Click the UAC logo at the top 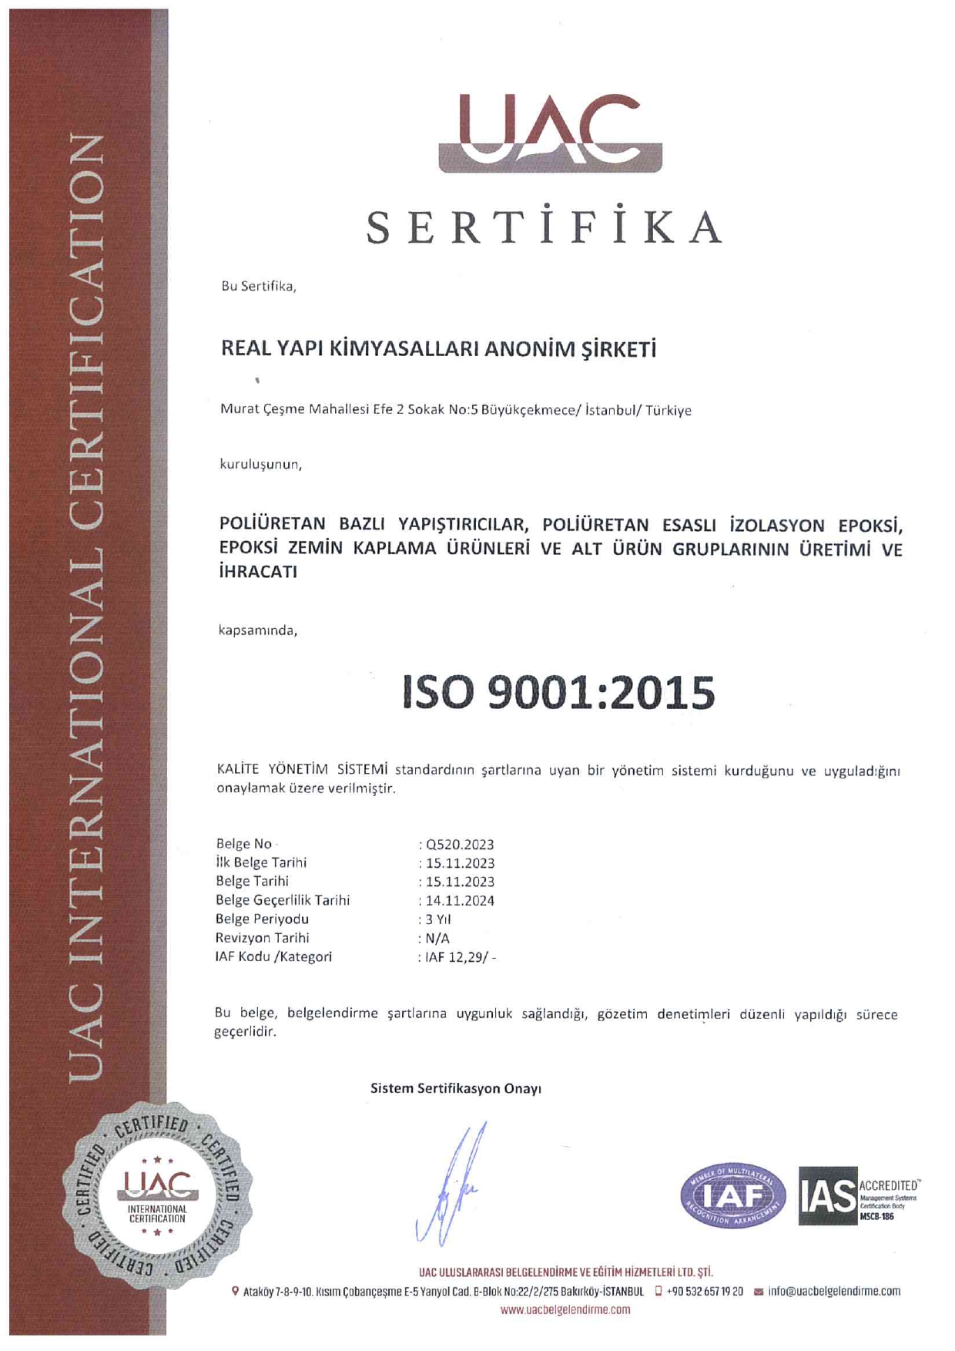(x=550, y=133)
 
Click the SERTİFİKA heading (x=544, y=227)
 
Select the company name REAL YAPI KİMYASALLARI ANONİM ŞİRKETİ (x=438, y=349)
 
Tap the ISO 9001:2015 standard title (x=558, y=692)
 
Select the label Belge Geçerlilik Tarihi (x=283, y=900)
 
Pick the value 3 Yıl (x=438, y=919)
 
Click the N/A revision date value (x=437, y=939)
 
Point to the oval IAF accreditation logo (x=732, y=1196)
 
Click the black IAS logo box (x=827, y=1196)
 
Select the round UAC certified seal (x=157, y=1196)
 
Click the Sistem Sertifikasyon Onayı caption (x=456, y=1089)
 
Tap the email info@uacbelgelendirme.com (x=833, y=1292)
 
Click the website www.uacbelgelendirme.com (x=565, y=1310)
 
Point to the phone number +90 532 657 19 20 (x=704, y=1292)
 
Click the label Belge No (x=244, y=844)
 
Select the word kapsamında (x=258, y=630)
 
